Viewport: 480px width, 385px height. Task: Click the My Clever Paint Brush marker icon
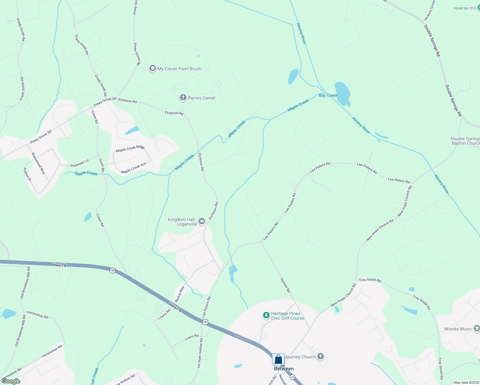coord(153,69)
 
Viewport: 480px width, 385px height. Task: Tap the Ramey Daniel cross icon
coord(183,98)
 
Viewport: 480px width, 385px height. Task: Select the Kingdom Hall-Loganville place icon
coord(202,221)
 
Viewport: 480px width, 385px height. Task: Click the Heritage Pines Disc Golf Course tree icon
coord(266,316)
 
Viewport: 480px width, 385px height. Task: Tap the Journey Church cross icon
coord(320,356)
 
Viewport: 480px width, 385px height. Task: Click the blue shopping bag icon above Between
coord(278,359)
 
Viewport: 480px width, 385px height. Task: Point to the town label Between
coord(284,369)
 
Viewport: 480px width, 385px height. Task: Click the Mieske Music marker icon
coord(477,329)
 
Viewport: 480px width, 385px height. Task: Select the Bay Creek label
coord(328,95)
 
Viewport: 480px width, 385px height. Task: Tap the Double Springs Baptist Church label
coord(465,141)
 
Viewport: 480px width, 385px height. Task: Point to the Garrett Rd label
coord(285,285)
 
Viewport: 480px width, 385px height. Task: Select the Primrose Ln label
coord(80,163)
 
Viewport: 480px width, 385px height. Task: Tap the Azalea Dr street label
coord(27,174)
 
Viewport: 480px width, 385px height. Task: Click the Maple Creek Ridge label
coord(130,149)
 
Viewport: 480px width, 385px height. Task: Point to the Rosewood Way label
coord(38,163)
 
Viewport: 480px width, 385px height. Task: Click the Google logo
coord(11,381)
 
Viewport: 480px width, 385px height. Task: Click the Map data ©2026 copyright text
coord(466,382)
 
